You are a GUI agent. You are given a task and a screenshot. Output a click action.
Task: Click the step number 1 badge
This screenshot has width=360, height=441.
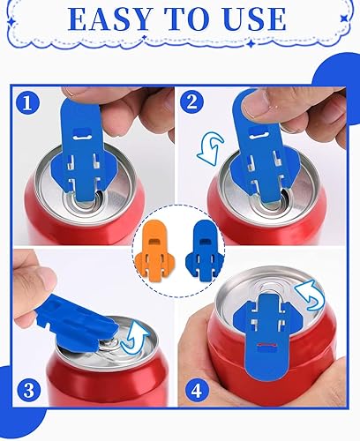pos(27,103)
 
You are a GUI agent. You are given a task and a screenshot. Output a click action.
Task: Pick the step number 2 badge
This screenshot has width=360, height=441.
pos(191,102)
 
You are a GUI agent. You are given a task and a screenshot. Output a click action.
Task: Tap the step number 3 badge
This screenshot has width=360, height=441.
pos(29,391)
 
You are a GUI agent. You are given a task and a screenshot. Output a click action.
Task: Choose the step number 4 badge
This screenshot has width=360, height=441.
pos(197,392)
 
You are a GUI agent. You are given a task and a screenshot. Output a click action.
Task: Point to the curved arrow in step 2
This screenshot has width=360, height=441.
pos(210,147)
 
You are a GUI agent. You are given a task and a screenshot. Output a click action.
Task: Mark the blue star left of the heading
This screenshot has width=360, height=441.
pos(11,21)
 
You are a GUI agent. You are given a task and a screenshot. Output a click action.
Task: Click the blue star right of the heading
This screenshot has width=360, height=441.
pos(344,19)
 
